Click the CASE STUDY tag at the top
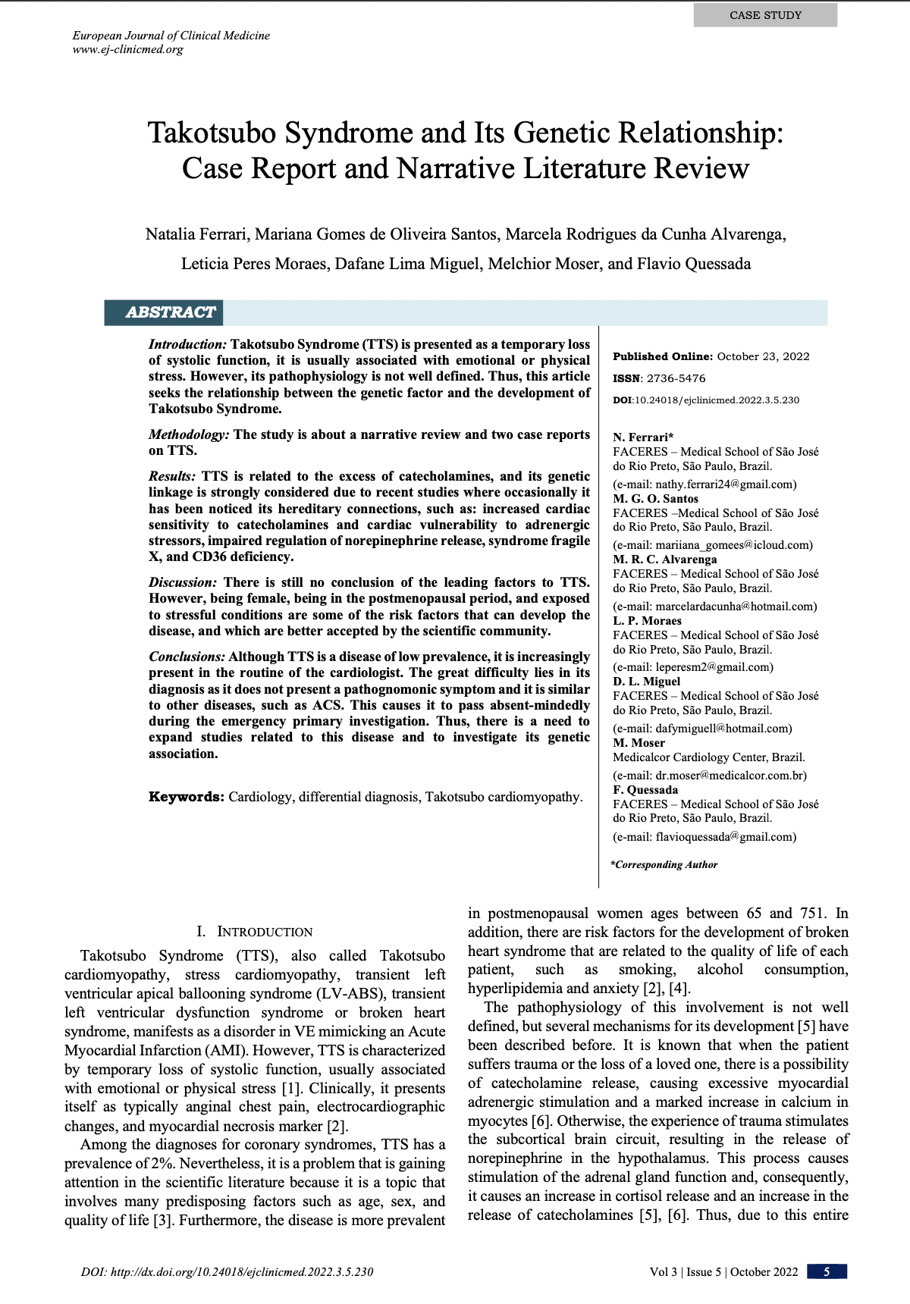coord(765,15)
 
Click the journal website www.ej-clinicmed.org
coord(128,50)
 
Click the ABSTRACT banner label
coord(170,312)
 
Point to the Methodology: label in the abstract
coord(189,434)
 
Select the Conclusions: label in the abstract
coord(187,657)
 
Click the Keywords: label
coord(186,797)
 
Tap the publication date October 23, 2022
coord(763,356)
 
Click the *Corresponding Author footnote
coord(664,864)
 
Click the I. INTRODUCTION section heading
coord(254,932)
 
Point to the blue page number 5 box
coord(827,1271)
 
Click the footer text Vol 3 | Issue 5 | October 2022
coord(723,1272)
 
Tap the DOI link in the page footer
coord(227,1272)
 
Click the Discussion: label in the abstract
coord(183,582)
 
